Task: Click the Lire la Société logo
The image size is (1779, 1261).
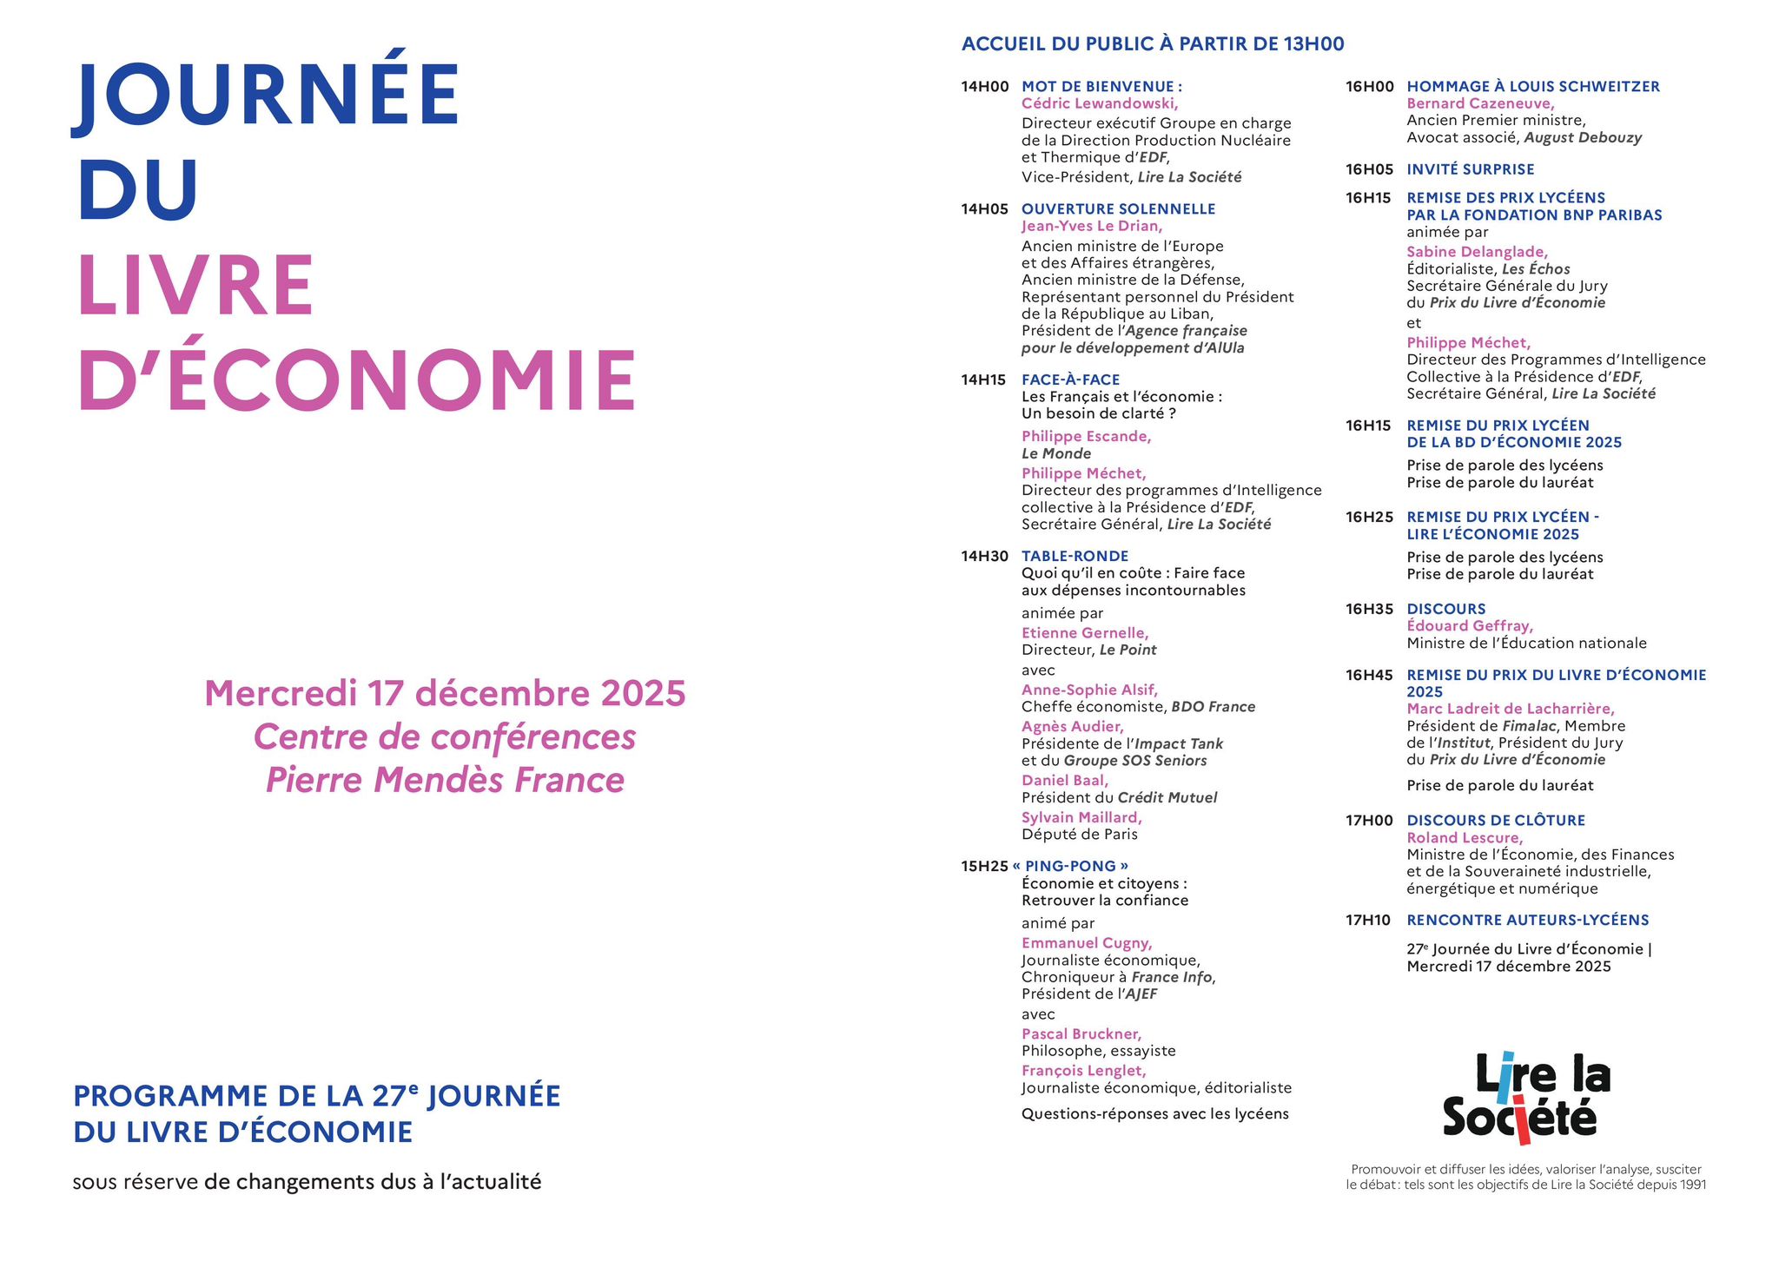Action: pos(1526,1097)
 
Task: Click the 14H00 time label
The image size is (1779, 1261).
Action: pos(984,87)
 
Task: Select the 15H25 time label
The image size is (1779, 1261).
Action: pos(984,866)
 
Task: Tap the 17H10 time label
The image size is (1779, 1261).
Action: pos(1368,920)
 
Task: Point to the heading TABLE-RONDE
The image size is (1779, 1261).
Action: pos(1075,556)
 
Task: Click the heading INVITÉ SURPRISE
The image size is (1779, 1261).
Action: pos(1470,169)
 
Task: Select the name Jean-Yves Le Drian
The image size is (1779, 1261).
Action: pos(1091,226)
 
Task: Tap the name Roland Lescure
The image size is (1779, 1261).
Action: pos(1465,837)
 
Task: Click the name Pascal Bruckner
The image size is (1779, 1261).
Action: pos(1081,1033)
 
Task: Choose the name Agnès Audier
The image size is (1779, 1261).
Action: pos(1072,726)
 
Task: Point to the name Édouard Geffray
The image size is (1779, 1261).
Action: pos(1470,625)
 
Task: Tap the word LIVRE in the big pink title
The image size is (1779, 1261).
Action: pos(196,285)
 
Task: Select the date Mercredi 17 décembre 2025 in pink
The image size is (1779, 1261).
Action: pos(445,693)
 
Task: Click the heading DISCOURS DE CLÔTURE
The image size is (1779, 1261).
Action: pos(1496,820)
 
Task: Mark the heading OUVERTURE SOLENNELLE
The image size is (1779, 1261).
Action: pos(1118,208)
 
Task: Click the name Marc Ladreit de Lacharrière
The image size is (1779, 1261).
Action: pos(1510,709)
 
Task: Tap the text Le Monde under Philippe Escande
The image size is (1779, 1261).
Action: pos(1055,453)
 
